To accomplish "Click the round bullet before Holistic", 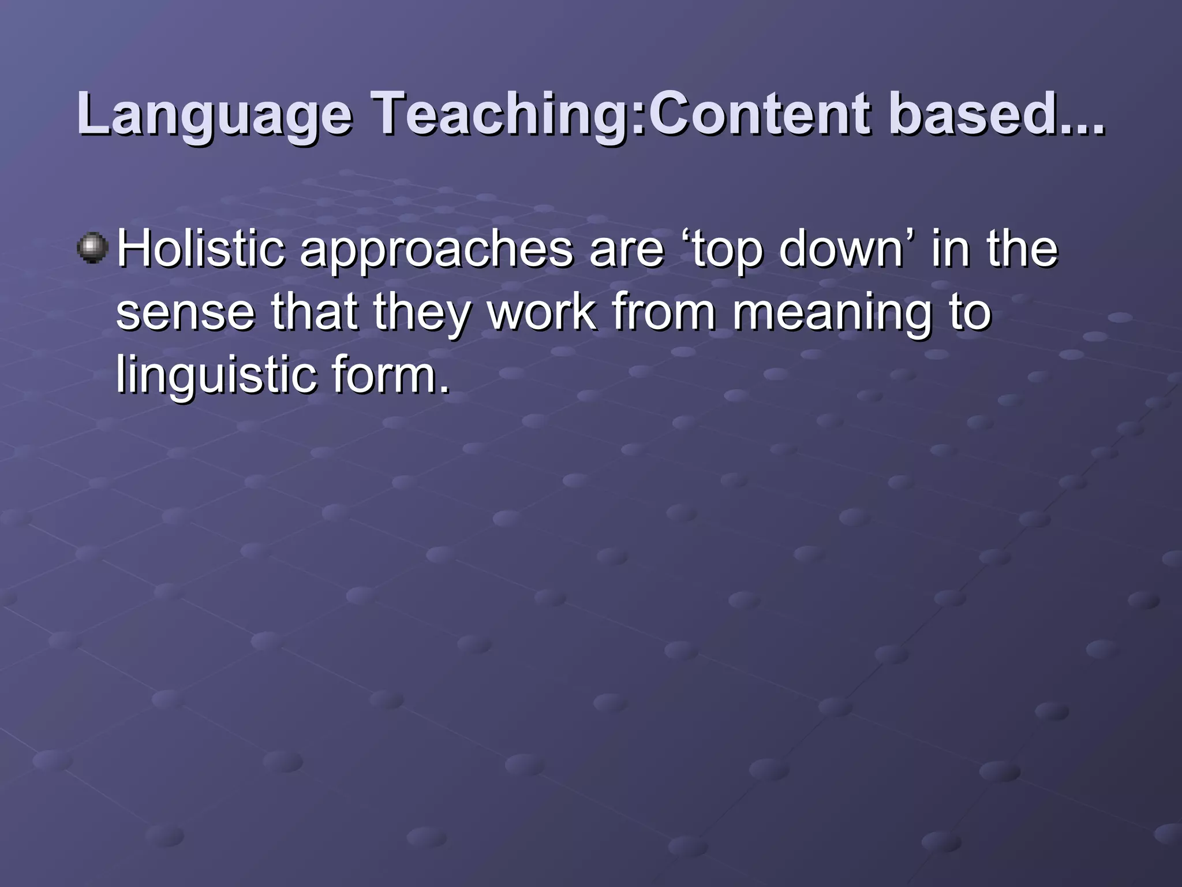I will click(x=92, y=248).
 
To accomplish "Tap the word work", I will click(x=541, y=312).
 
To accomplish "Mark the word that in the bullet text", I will click(x=314, y=312).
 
